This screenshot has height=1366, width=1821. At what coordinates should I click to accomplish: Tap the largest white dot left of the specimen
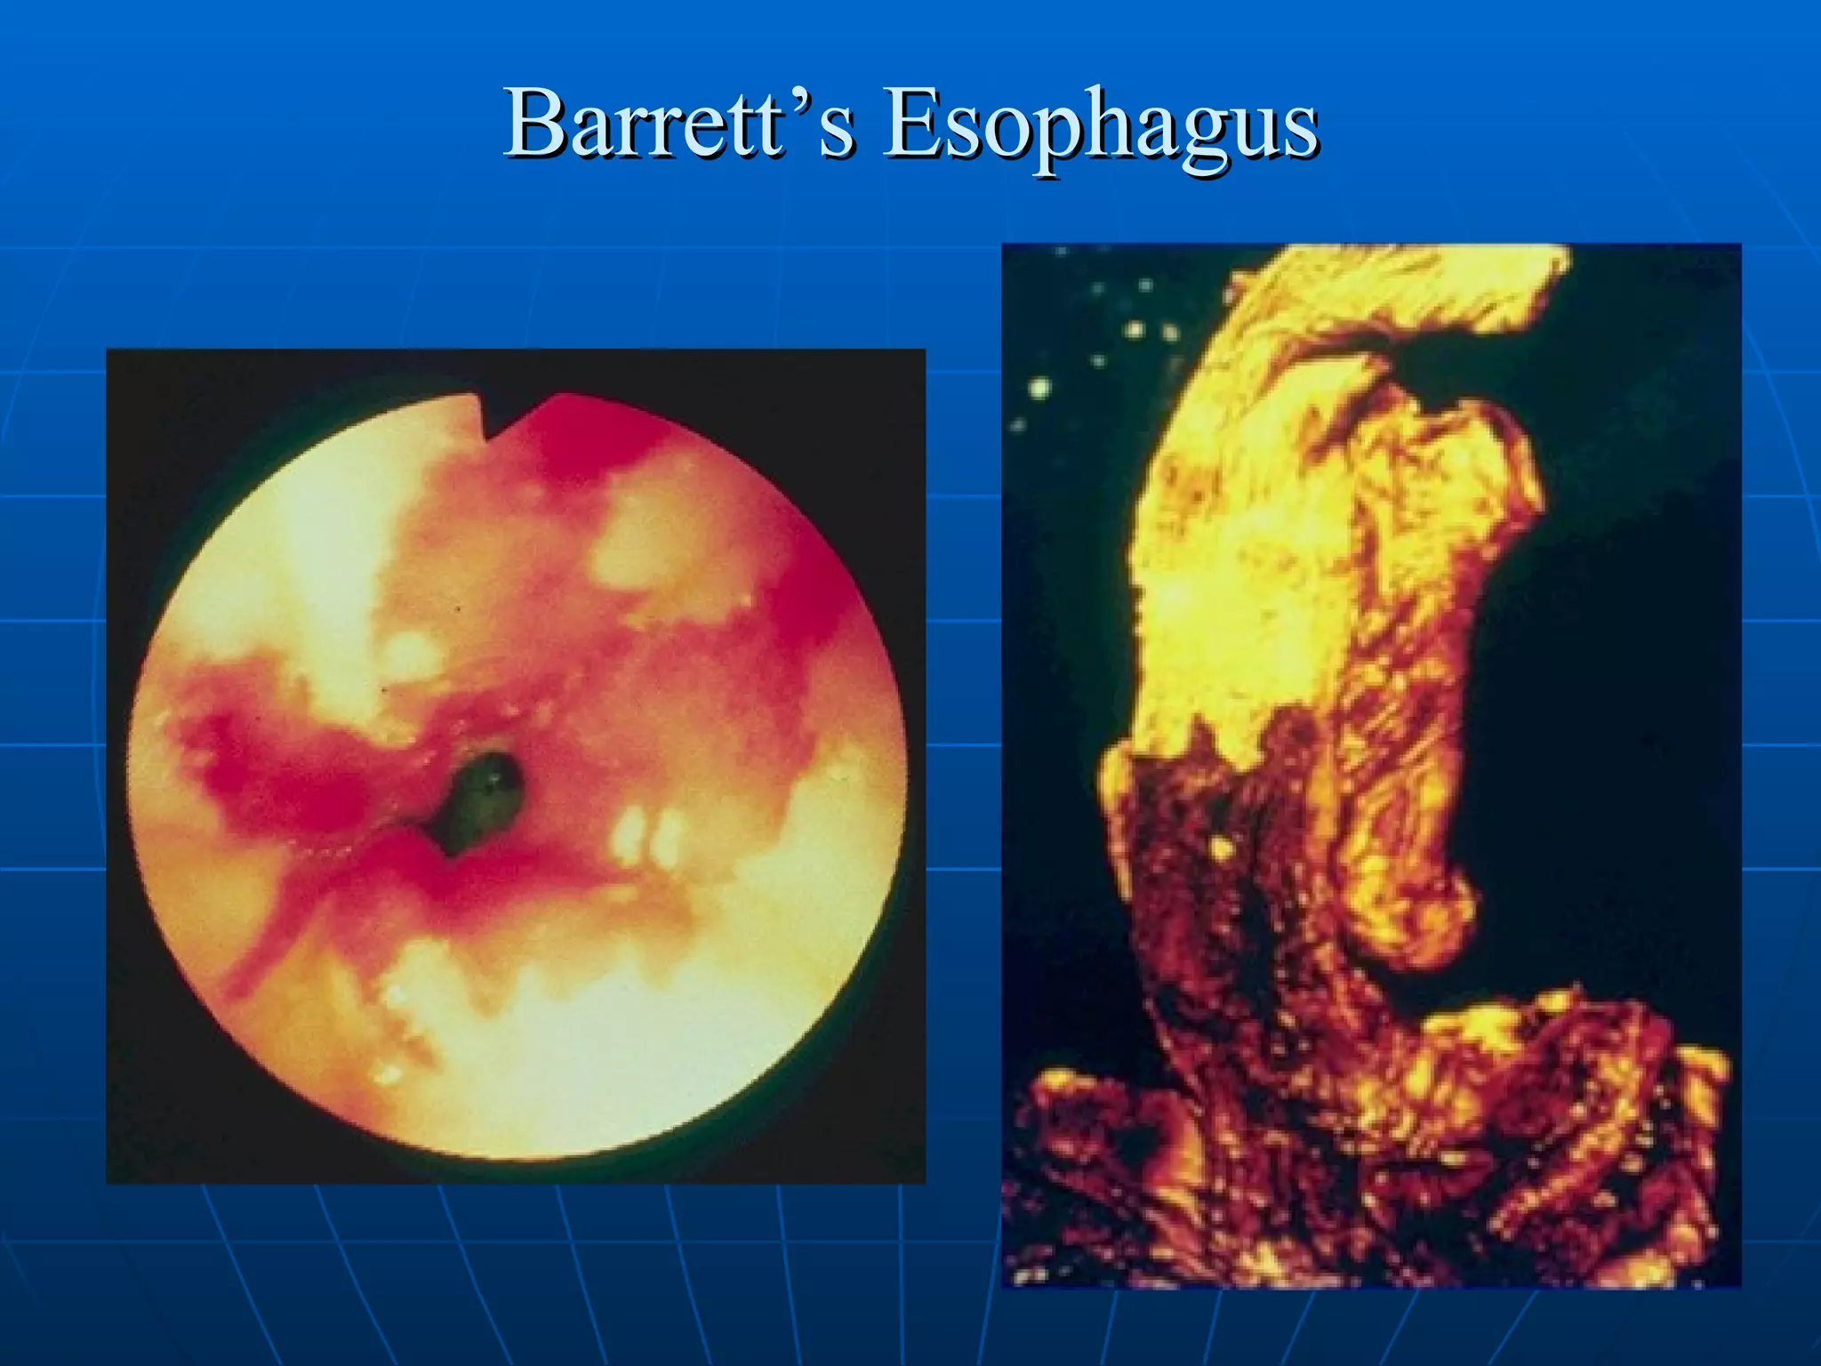(x=1039, y=388)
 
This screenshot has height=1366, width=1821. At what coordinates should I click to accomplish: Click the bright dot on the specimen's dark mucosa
(x=1221, y=844)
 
